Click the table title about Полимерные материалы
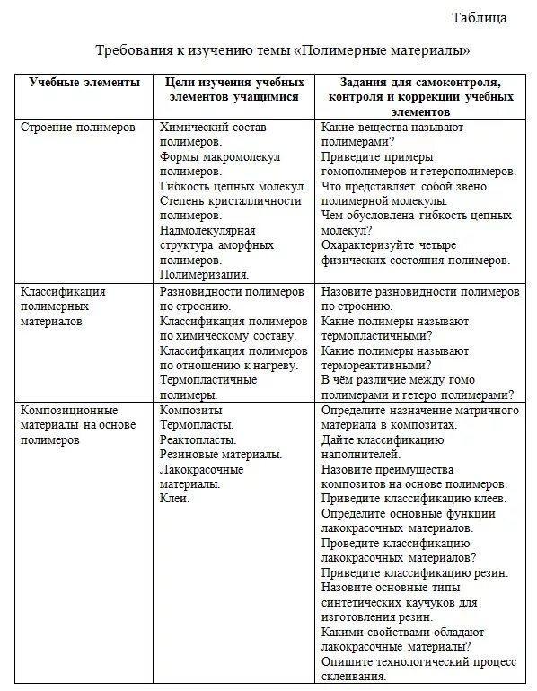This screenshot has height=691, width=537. [295, 50]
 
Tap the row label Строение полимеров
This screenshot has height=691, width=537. [78, 128]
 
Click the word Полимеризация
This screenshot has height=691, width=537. [204, 275]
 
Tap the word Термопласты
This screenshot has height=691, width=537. [197, 425]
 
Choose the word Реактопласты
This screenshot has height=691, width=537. [198, 439]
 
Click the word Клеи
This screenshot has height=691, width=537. [174, 498]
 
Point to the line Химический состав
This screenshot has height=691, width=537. [213, 128]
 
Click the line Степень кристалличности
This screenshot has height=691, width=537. [230, 201]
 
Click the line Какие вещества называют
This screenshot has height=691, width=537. [393, 128]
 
